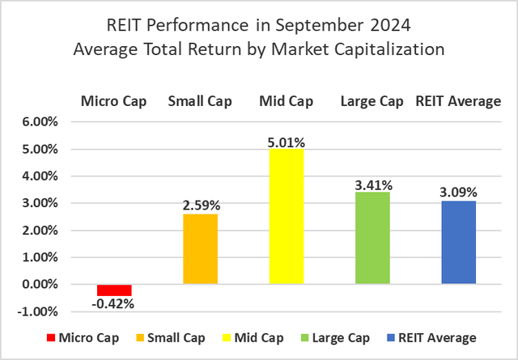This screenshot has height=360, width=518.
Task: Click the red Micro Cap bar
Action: [114, 290]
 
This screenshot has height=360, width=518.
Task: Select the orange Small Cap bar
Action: [200, 249]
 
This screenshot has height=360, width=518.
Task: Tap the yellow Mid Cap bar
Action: [287, 216]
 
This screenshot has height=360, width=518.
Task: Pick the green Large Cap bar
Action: [372, 238]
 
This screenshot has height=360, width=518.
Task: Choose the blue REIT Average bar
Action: [458, 242]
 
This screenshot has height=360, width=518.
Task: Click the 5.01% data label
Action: [287, 142]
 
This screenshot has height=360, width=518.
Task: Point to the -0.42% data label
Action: [114, 304]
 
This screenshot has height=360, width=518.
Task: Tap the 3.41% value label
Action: [372, 185]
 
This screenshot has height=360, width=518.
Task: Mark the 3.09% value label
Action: [458, 193]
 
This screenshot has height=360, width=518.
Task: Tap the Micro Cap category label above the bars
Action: [113, 101]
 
